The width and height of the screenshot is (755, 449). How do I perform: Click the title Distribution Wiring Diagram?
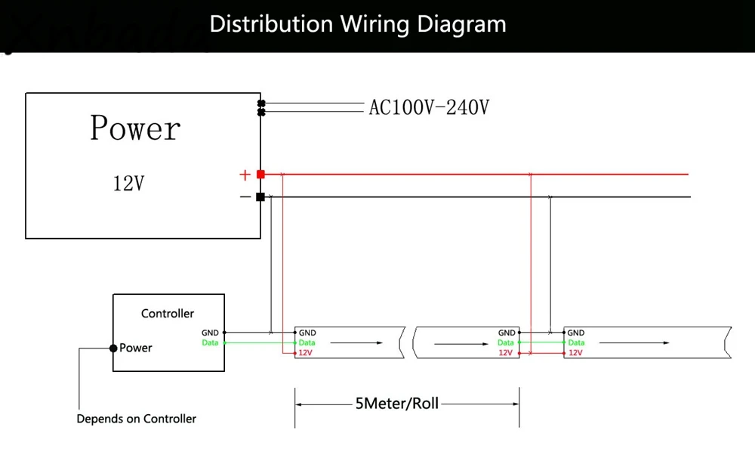pyautogui.click(x=358, y=24)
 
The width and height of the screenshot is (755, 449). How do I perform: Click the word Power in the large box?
pyautogui.click(x=135, y=129)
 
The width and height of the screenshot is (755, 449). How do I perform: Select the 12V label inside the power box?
pyautogui.click(x=128, y=183)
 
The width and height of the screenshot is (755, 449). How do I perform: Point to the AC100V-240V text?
pyautogui.click(x=428, y=108)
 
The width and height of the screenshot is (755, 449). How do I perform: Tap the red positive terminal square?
pyautogui.click(x=260, y=175)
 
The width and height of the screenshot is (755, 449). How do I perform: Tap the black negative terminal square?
pyautogui.click(x=260, y=197)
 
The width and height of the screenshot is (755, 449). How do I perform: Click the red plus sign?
pyautogui.click(x=245, y=175)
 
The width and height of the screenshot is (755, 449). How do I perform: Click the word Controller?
pyautogui.click(x=168, y=313)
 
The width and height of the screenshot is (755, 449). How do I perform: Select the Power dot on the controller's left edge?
pyautogui.click(x=113, y=348)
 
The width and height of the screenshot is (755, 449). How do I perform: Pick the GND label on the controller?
pyautogui.click(x=210, y=333)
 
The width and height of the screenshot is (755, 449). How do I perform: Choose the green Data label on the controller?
pyautogui.click(x=210, y=343)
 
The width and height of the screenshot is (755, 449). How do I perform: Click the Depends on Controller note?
pyautogui.click(x=136, y=419)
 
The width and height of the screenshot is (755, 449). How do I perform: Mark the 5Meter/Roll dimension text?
pyautogui.click(x=396, y=404)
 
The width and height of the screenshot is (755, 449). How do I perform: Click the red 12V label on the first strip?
pyautogui.click(x=306, y=353)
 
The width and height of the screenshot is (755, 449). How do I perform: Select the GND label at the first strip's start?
pyautogui.click(x=307, y=333)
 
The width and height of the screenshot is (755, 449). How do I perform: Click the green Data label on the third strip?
pyautogui.click(x=575, y=343)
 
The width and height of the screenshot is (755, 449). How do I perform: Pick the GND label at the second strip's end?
pyautogui.click(x=507, y=333)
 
